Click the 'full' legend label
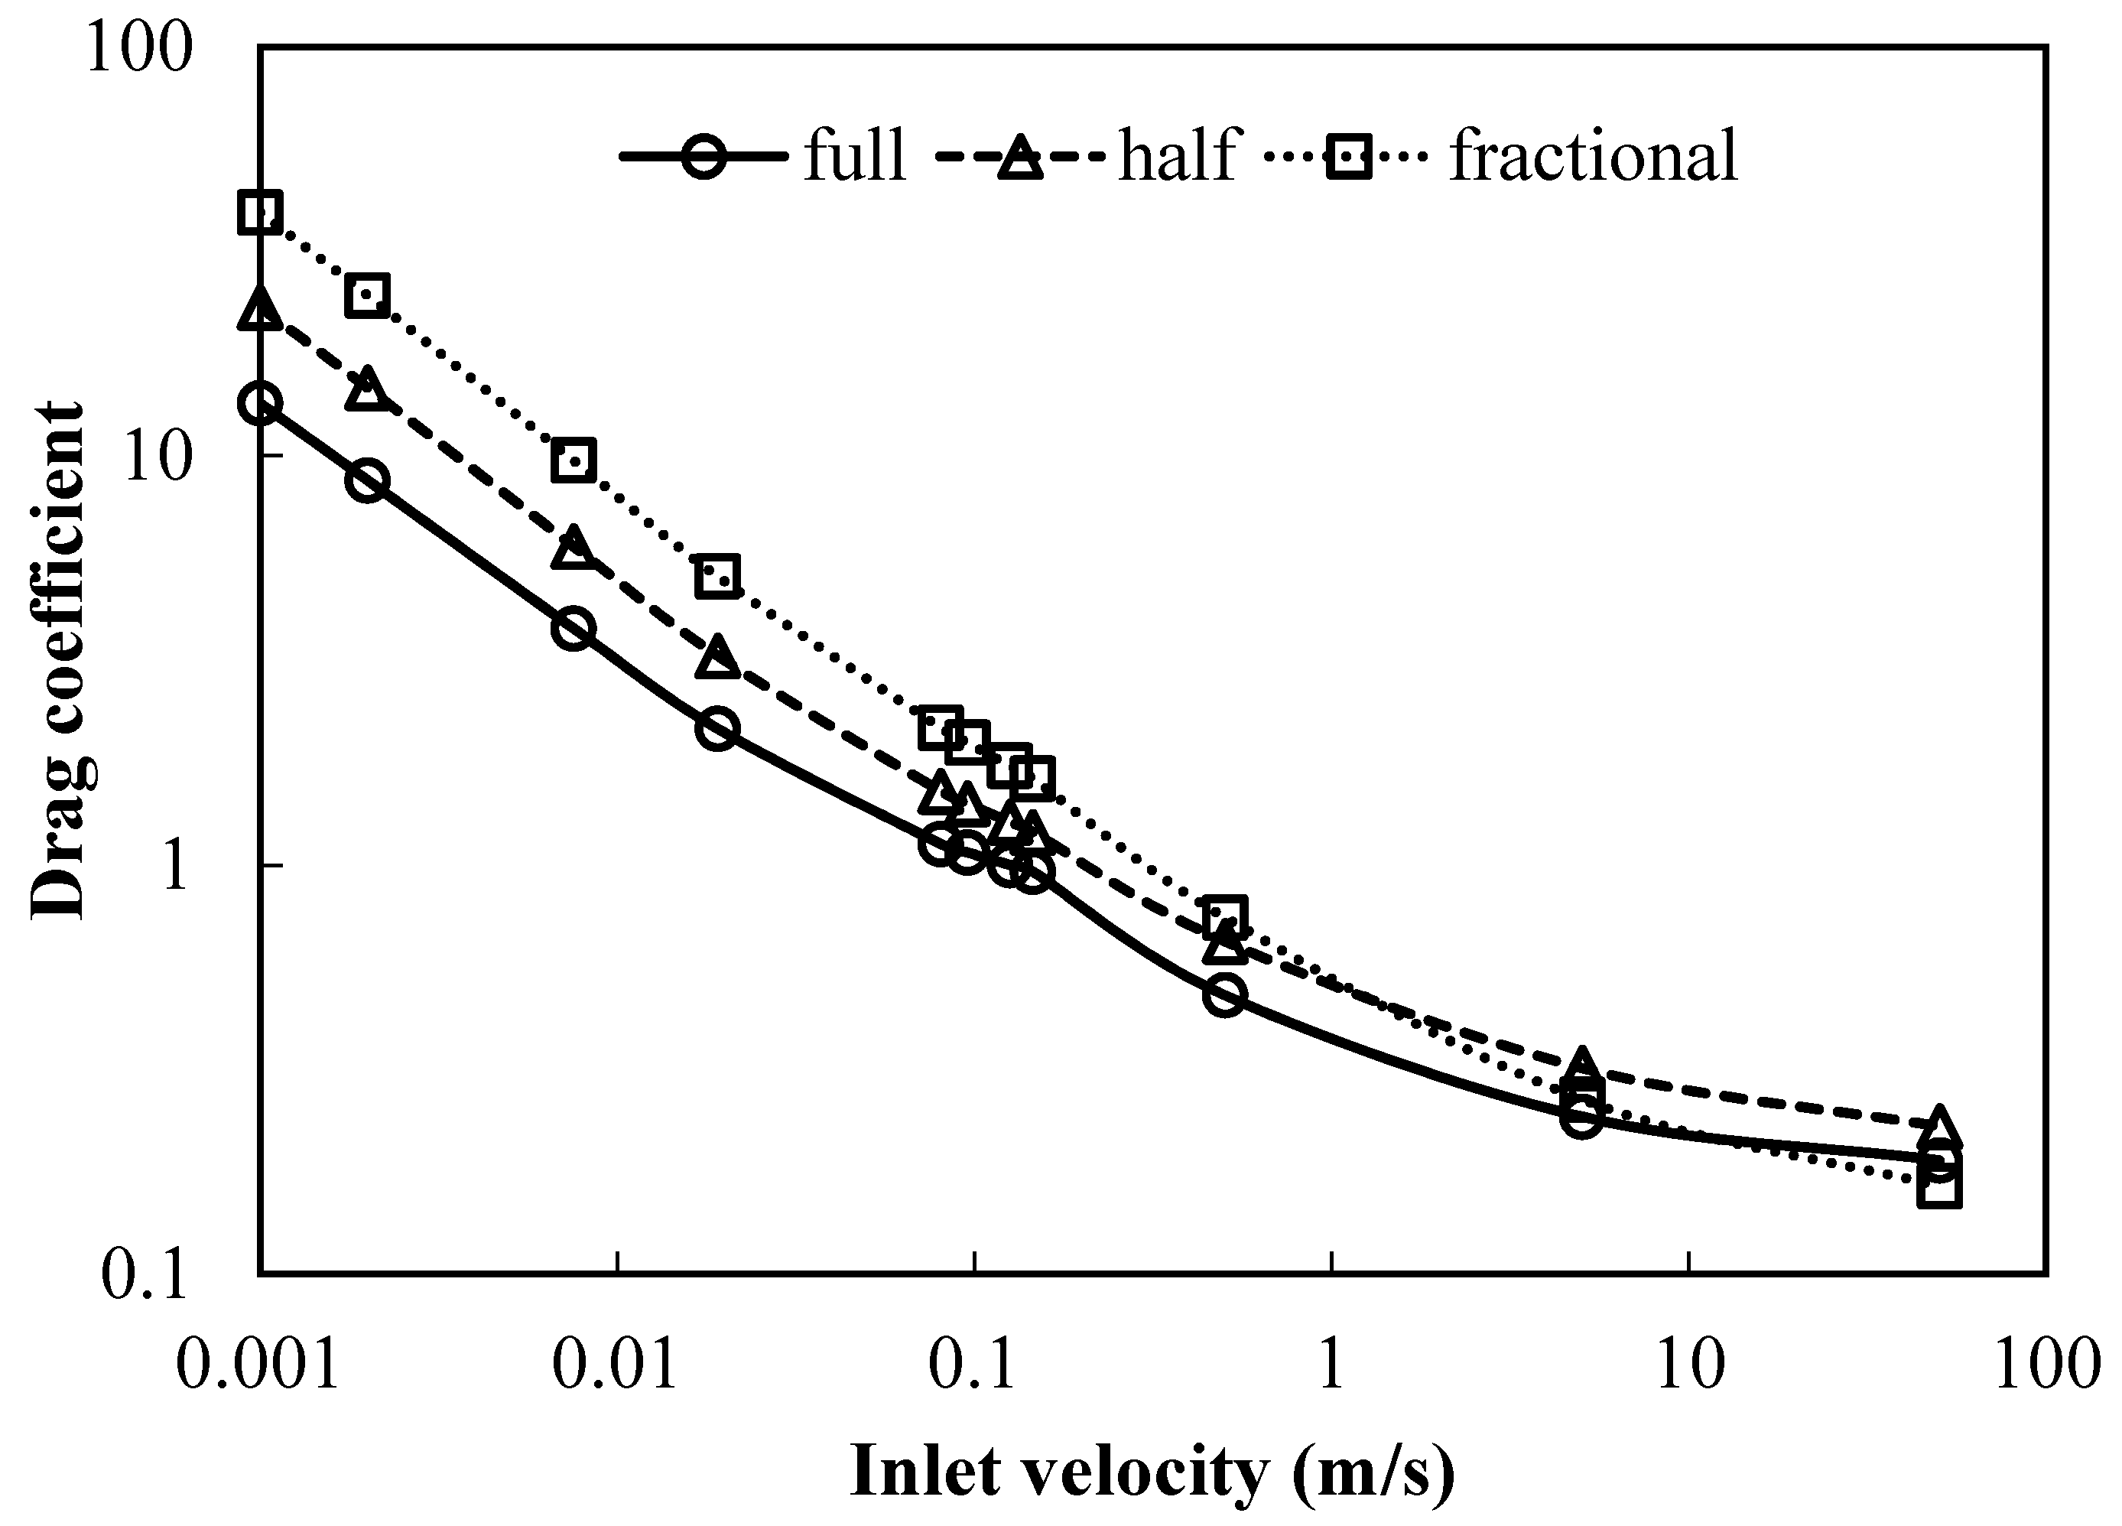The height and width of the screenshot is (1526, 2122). pyautogui.click(x=854, y=155)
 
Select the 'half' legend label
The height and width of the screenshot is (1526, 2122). pyautogui.click(x=1177, y=155)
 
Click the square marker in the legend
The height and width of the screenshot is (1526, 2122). pyautogui.click(x=1347, y=156)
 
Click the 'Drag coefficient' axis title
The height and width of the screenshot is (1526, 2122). pyautogui.click(x=58, y=661)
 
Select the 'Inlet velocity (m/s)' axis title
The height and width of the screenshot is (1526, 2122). pyautogui.click(x=1152, y=1472)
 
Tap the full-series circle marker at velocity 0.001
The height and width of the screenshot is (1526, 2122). pyautogui.click(x=260, y=404)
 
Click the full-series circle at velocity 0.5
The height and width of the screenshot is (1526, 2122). pyautogui.click(x=1225, y=994)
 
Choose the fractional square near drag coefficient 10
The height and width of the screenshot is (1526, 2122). pyautogui.click(x=574, y=460)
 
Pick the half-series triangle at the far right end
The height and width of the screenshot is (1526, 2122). pyautogui.click(x=1938, y=1127)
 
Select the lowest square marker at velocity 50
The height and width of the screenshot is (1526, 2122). pyautogui.click(x=1938, y=1190)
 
